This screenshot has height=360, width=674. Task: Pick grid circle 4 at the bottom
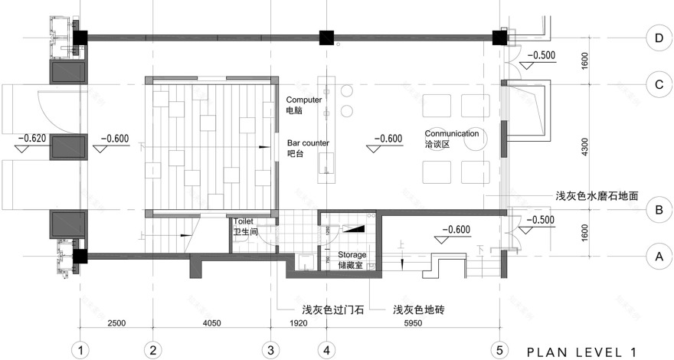[x=327, y=350]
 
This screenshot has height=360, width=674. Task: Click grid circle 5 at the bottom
[x=499, y=350]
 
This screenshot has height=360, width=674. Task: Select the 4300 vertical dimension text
[x=585, y=146]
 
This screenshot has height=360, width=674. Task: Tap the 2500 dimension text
[x=116, y=324]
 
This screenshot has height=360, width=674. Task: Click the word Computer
[x=304, y=100]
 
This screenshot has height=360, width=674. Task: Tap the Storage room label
[x=352, y=254]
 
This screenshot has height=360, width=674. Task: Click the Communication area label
[x=452, y=133]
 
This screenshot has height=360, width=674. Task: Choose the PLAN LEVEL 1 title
[x=581, y=352]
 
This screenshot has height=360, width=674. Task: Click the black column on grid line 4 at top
[x=327, y=37]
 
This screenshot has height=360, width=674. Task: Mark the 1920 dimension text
[x=299, y=324]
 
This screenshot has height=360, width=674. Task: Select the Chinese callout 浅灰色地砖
[x=418, y=309]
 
